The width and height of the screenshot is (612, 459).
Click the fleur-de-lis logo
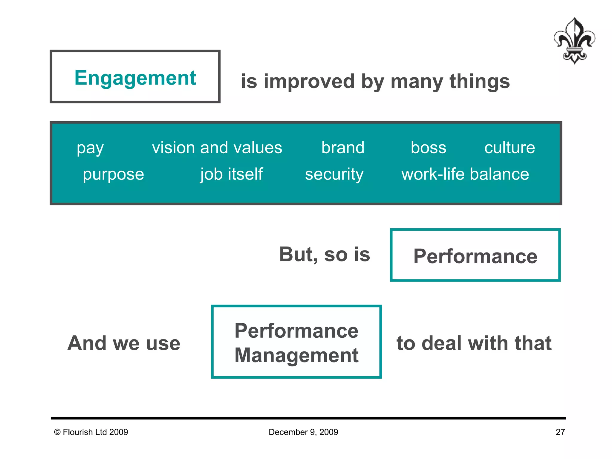pyautogui.click(x=574, y=41)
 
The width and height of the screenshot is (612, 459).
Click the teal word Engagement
pyautogui.click(x=135, y=78)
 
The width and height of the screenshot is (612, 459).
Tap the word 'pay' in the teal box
pyautogui.click(x=90, y=148)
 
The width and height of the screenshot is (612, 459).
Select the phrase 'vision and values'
pyautogui.click(x=217, y=148)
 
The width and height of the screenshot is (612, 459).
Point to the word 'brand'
pyautogui.click(x=343, y=148)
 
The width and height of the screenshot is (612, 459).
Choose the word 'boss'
pyautogui.click(x=428, y=148)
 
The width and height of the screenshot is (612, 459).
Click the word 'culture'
pyautogui.click(x=510, y=148)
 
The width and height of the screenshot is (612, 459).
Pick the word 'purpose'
pyautogui.click(x=113, y=174)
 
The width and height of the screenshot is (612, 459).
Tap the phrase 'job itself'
pyautogui.click(x=232, y=174)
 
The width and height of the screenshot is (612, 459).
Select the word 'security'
pyautogui.click(x=334, y=174)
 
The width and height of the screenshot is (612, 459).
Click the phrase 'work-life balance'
pyautogui.click(x=465, y=174)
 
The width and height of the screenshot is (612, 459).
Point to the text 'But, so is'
pyautogui.click(x=325, y=254)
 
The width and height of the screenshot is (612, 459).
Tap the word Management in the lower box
pyautogui.click(x=296, y=355)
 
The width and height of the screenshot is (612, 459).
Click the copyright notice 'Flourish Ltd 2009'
pyautogui.click(x=91, y=432)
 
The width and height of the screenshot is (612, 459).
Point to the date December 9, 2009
pyautogui.click(x=303, y=432)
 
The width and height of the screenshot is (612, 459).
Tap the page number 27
pyautogui.click(x=560, y=432)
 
